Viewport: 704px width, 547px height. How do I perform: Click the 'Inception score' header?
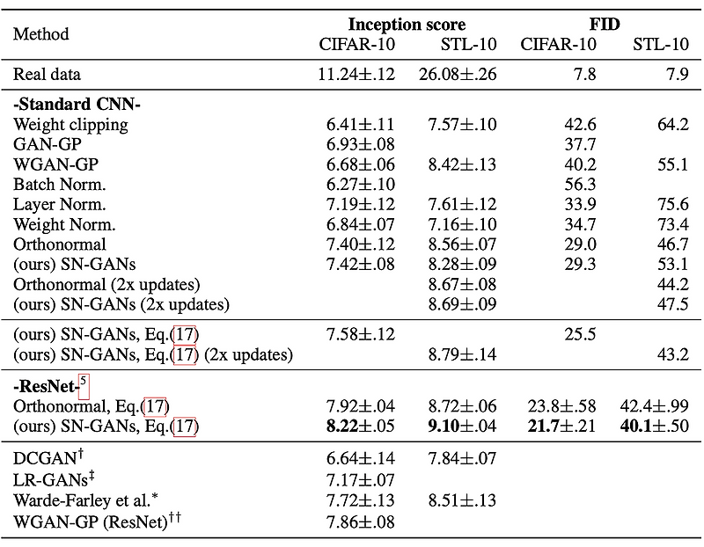click(x=407, y=24)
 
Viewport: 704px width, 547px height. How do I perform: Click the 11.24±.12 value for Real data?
click(x=356, y=75)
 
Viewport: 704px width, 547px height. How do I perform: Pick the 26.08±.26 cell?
click(x=458, y=75)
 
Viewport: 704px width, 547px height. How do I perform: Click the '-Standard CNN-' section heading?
click(x=77, y=105)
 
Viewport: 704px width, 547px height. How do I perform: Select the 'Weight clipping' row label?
click(x=70, y=125)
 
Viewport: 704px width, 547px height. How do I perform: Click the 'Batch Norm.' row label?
click(x=59, y=184)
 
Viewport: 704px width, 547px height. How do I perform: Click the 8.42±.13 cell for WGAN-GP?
click(x=462, y=164)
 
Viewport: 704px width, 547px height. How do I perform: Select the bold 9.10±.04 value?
click(x=462, y=427)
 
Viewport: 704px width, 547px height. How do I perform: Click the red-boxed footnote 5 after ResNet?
click(x=84, y=384)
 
